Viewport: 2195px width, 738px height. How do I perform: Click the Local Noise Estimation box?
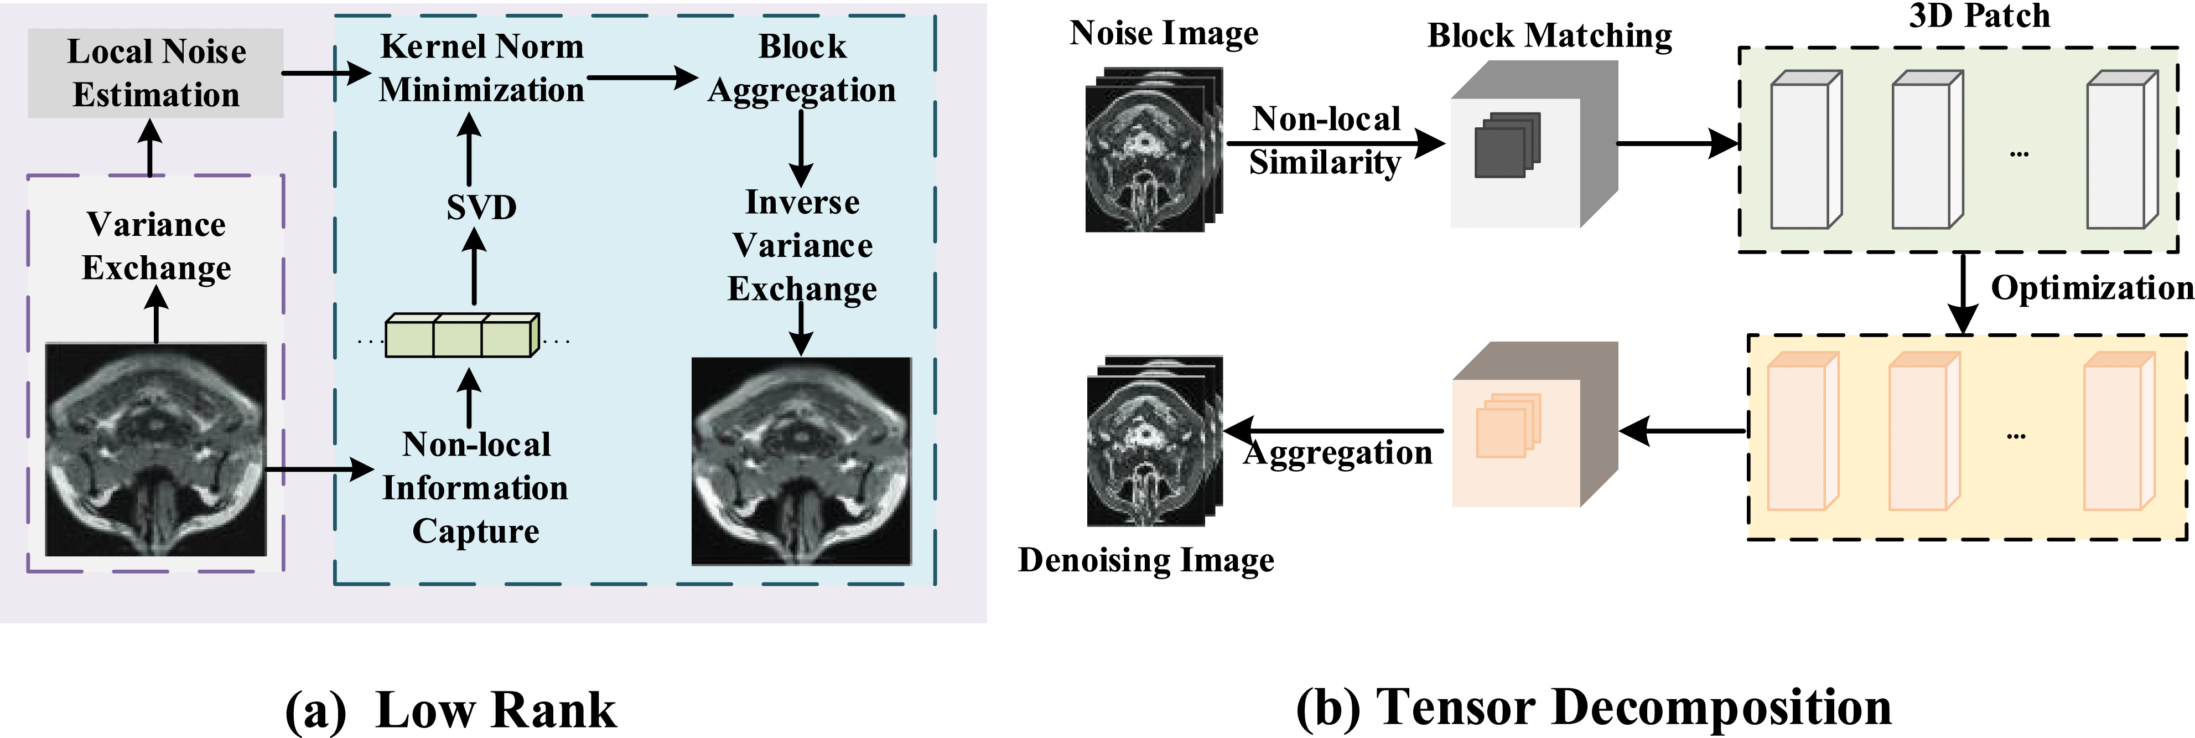(x=156, y=73)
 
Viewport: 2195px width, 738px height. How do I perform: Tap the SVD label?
(x=481, y=207)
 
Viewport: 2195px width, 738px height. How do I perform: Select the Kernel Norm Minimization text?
(x=481, y=68)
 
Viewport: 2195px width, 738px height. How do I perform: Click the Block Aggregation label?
(x=802, y=68)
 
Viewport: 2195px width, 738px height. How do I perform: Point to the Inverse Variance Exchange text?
(x=802, y=245)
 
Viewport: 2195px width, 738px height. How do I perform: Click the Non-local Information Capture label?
(x=475, y=487)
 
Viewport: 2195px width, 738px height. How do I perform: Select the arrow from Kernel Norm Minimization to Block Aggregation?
(x=642, y=79)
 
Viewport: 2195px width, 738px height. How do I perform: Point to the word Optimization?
(x=2092, y=288)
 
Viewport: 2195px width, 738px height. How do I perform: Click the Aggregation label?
(x=1338, y=452)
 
